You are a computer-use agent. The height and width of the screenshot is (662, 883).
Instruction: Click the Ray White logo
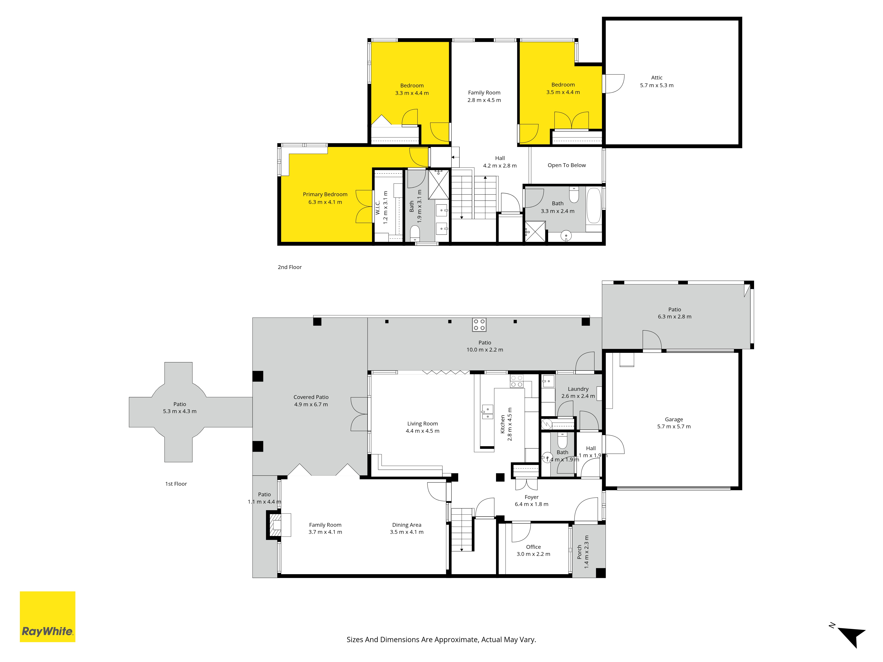click(47, 617)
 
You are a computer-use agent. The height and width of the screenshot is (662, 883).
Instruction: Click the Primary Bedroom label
click(325, 194)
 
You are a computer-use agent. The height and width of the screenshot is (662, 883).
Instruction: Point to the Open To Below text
click(566, 165)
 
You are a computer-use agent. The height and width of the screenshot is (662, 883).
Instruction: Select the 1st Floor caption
click(176, 484)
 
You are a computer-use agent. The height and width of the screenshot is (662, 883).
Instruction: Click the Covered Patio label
click(311, 397)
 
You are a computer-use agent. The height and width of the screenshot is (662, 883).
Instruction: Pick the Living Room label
click(422, 424)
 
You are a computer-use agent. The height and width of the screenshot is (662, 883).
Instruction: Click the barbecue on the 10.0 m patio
click(479, 325)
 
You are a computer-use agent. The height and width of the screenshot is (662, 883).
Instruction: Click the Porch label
click(579, 552)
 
